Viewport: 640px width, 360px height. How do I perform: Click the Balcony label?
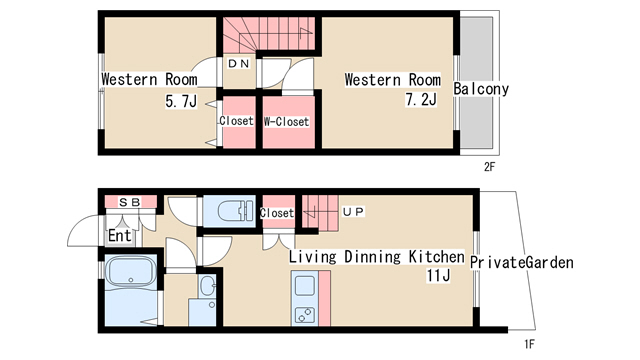coord(481,89)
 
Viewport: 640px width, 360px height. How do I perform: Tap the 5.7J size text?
coord(181,101)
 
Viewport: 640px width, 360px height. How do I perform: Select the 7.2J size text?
coord(421,100)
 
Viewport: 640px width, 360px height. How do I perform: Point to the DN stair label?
coord(239,64)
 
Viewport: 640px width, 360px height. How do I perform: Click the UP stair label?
coord(353,212)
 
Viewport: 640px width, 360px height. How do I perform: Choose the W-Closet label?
coord(287,122)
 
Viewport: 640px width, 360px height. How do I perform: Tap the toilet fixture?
coord(234,211)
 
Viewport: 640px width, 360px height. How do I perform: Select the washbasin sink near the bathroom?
coord(208,284)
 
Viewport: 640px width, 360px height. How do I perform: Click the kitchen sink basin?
coord(304,286)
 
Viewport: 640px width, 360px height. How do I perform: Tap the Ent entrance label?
coord(120,236)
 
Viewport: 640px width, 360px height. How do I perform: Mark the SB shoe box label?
coord(130,202)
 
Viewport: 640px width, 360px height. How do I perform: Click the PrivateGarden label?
coord(522,262)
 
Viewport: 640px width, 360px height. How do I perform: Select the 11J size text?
coord(438,276)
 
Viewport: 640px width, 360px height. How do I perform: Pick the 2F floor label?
coord(489,167)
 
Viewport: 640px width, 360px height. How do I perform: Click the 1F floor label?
coord(529,344)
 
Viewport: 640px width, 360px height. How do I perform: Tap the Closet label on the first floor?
coord(277,213)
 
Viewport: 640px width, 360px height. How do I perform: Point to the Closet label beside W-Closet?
coord(236,121)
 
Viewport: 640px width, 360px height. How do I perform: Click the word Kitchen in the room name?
coord(437,257)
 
